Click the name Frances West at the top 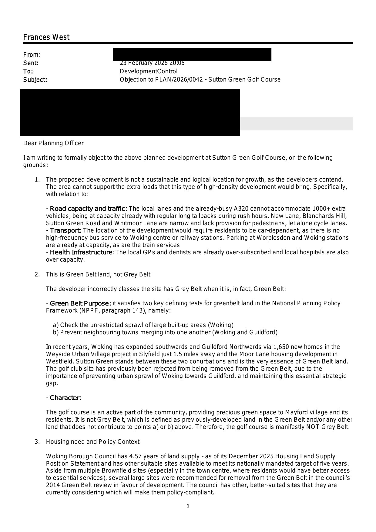[x=46, y=37]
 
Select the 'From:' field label [x=32, y=55]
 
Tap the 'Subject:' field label [x=35, y=80]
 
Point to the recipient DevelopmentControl [x=149, y=72]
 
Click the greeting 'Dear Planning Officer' [x=53, y=143]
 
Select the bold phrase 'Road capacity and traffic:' [x=89, y=209]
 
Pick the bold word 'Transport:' [x=66, y=230]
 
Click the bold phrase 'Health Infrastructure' [x=81, y=252]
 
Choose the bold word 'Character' [x=65, y=398]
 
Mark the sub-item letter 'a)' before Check [x=55, y=325]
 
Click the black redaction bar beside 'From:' [x=192, y=55]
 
